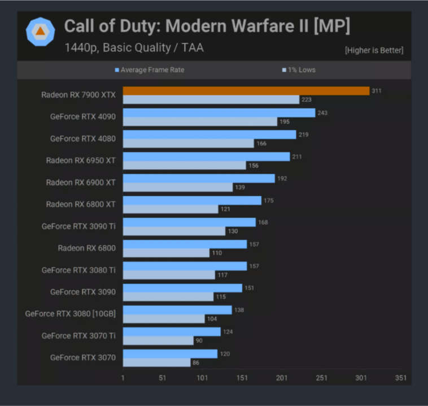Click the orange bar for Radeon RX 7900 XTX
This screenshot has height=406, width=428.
pos(246,91)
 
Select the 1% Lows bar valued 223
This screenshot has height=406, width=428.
pos(211,100)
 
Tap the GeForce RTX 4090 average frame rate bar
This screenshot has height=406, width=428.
pos(219,113)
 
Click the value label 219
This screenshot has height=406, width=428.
pos(304,135)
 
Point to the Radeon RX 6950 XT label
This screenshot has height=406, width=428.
pos(80,161)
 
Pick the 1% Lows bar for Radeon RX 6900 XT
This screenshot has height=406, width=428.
pos(177,187)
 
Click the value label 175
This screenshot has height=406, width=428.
pos(269,200)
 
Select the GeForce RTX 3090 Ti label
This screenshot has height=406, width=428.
pos(78,226)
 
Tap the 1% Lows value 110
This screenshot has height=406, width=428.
pos(217,253)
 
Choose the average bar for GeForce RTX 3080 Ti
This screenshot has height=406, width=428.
pos(185,266)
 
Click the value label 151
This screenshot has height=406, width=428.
pos(249,288)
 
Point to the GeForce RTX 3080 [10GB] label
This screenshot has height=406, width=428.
pos(70,314)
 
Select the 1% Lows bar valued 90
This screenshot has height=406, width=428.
pos(158,341)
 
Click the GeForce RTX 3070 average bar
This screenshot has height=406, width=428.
pos(170,354)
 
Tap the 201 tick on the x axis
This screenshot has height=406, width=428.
pos(281,378)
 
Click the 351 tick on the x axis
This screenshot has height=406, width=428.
pos(400,378)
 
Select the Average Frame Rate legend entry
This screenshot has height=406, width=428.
pos(150,70)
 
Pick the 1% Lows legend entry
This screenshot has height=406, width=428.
pos(299,70)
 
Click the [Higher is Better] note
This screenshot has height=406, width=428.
pos(374,51)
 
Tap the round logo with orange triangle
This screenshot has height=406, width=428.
pos(41,32)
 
